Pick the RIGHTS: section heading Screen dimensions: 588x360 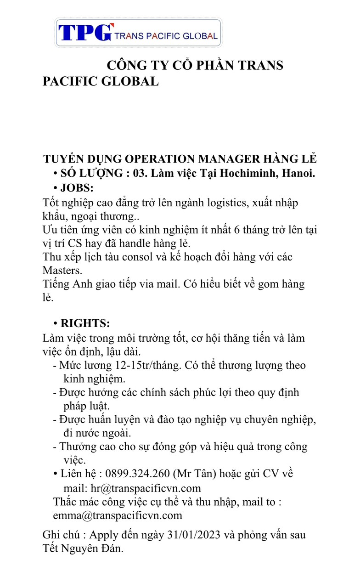85,323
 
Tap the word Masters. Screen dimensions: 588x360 62,270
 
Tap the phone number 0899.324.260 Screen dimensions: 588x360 137,474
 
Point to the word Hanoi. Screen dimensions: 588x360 298,173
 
